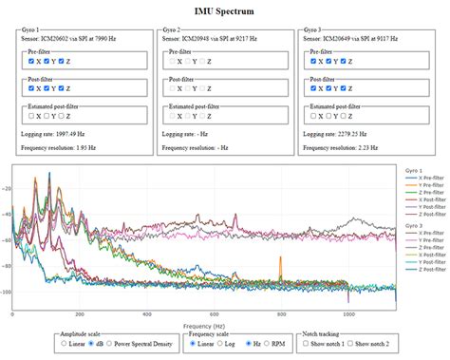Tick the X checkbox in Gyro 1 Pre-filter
point(32,61)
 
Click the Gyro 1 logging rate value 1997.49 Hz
point(78,135)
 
